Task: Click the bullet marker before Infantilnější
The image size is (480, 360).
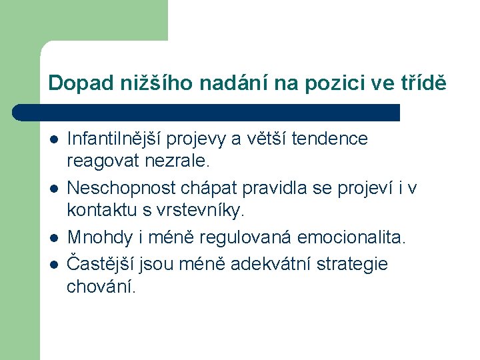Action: pyautogui.click(x=53, y=139)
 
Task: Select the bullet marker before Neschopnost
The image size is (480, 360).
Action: pyautogui.click(x=53, y=189)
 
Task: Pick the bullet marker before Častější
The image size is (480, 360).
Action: pyautogui.click(x=53, y=265)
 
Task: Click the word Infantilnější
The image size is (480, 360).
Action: pyautogui.click(x=115, y=139)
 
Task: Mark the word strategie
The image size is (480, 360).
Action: pyautogui.click(x=354, y=264)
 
